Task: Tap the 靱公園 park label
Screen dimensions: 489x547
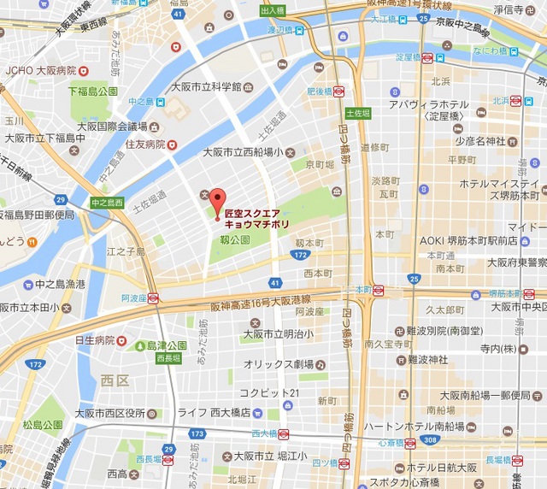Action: tap(235, 241)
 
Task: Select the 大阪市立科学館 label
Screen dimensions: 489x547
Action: tap(206, 87)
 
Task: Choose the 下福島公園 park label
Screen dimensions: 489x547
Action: tap(92, 91)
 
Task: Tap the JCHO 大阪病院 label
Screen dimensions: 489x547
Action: tap(40, 70)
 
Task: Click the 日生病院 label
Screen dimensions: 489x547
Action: tap(95, 340)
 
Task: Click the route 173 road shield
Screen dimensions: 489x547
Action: tap(197, 435)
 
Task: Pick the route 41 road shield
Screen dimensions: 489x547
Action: tap(273, 281)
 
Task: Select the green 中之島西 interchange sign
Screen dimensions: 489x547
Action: tap(109, 203)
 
